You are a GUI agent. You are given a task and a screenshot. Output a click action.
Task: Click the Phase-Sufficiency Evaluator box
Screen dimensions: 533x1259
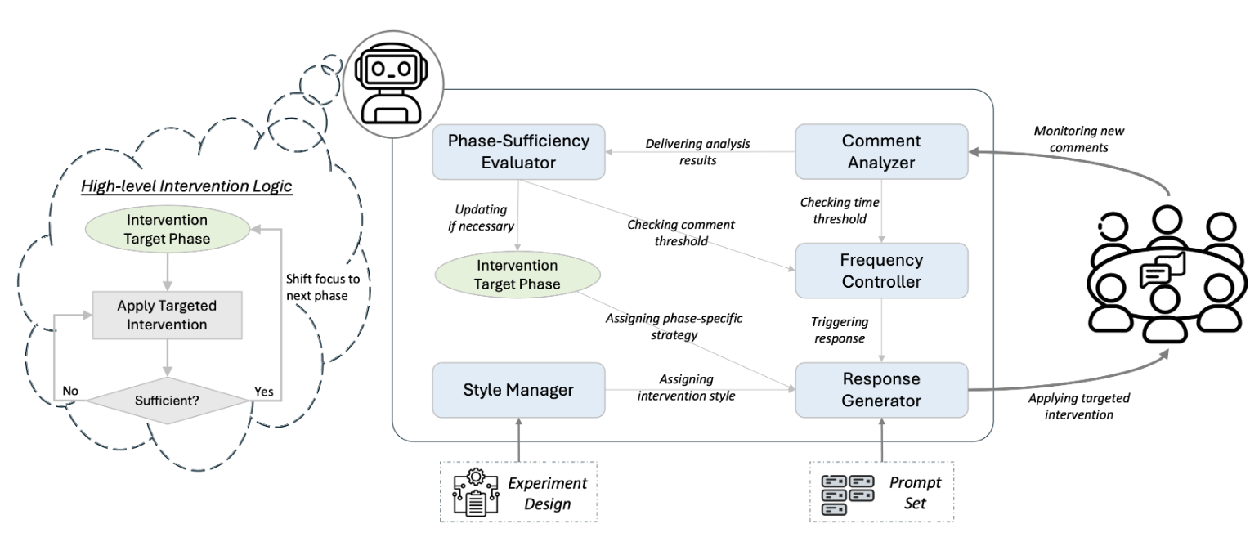[x=518, y=151]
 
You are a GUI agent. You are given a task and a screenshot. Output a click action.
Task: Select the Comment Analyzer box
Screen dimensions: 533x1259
[x=881, y=151]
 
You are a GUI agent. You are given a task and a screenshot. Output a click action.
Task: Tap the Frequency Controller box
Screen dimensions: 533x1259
[x=881, y=271]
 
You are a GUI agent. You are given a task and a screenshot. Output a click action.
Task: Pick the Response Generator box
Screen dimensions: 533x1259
[x=881, y=390]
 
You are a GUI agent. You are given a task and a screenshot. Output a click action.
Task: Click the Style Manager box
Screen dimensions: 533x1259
[x=518, y=390]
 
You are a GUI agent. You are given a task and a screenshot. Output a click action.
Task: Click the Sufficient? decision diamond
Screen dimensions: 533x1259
[x=167, y=401]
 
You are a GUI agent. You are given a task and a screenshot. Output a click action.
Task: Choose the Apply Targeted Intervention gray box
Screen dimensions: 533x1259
[x=167, y=315]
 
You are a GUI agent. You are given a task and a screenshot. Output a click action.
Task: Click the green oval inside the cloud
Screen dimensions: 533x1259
[x=167, y=231]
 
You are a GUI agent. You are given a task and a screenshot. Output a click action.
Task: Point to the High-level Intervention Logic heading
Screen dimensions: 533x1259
[x=186, y=186]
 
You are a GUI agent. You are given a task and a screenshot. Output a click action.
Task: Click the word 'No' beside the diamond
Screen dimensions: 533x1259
[x=71, y=391]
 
